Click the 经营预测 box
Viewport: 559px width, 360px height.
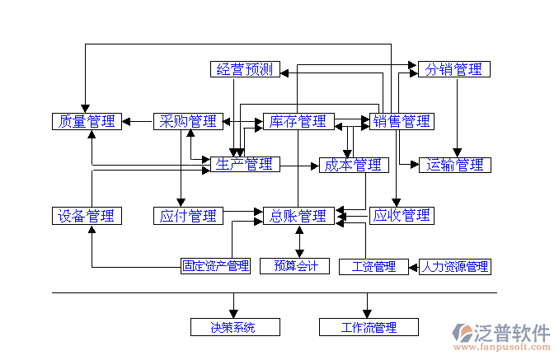[245, 69]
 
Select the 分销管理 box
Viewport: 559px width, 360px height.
[453, 69]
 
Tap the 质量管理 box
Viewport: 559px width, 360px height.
[87, 122]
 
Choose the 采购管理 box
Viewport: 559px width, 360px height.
[188, 122]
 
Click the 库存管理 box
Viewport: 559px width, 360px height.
[298, 122]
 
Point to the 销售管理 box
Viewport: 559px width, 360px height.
[402, 122]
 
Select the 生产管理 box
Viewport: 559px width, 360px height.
[244, 165]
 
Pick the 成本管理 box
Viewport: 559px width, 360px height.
[353, 165]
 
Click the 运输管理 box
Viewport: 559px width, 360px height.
[454, 165]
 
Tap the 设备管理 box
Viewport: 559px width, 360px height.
[87, 216]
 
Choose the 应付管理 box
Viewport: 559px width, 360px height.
[188, 216]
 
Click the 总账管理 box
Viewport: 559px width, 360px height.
[298, 216]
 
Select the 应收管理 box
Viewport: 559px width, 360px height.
[402, 216]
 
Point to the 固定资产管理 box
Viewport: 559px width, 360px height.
[216, 266]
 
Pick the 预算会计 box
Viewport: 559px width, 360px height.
[295, 266]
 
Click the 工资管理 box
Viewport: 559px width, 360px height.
[373, 266]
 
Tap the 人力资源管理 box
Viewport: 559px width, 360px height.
[454, 266]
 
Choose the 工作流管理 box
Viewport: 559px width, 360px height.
[368, 327]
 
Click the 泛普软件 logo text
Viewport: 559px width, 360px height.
[510, 333]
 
